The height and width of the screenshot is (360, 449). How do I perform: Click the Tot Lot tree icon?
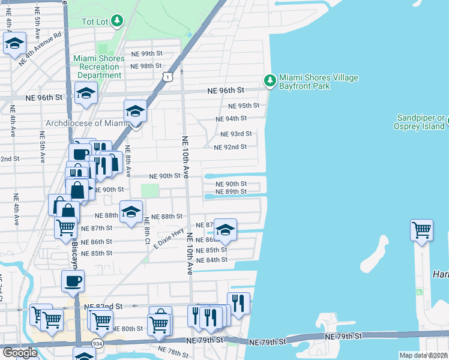tap(118, 22)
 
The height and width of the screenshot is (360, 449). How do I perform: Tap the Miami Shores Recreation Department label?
tap(99, 67)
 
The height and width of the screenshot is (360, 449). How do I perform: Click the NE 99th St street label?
tap(146, 54)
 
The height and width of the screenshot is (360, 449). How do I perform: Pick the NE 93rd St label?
tap(235, 134)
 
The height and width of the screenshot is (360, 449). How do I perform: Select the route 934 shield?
tap(97, 343)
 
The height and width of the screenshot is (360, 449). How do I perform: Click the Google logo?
tap(19, 353)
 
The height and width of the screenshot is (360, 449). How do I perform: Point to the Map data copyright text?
tap(424, 355)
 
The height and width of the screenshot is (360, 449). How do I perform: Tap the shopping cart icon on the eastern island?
tap(422, 229)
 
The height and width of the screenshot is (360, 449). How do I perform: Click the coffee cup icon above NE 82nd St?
tap(73, 280)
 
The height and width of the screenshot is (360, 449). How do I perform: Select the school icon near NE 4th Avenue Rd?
tap(14, 43)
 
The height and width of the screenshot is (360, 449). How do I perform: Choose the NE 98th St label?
tap(146, 66)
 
